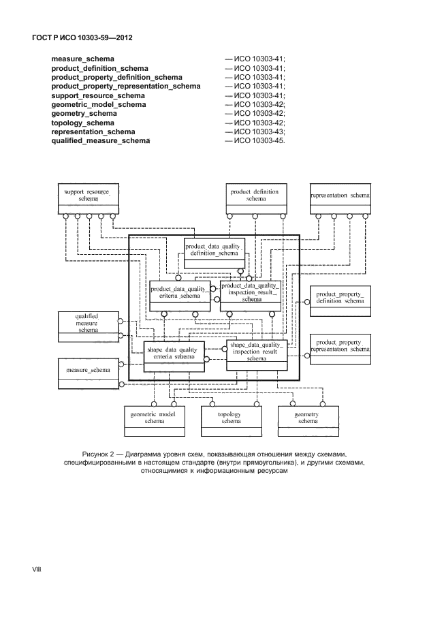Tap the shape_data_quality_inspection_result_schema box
256,354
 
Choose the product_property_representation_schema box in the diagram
340,349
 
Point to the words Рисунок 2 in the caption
100,454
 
